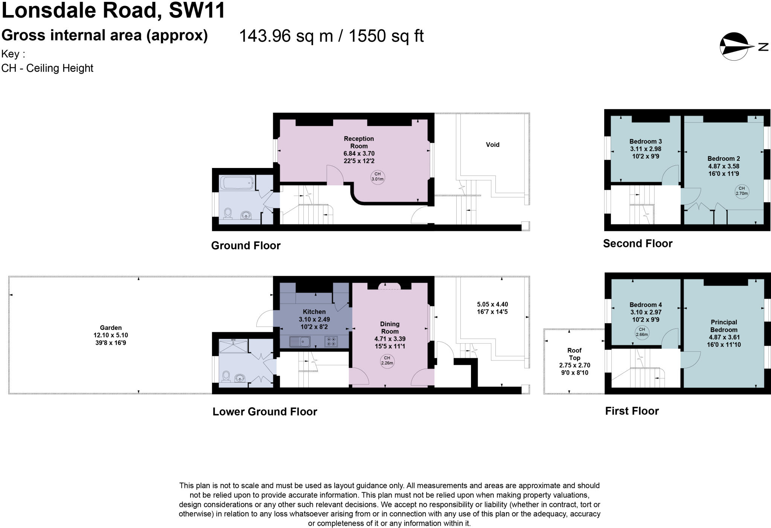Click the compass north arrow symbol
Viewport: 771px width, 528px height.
point(734,46)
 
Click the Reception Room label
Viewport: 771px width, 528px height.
point(359,142)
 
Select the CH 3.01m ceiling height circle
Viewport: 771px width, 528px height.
point(377,177)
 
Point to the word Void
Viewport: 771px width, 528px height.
point(492,145)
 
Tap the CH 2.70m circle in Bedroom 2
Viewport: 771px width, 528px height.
point(741,191)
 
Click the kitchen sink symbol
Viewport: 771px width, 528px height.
point(300,342)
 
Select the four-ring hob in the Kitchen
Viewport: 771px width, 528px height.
point(331,342)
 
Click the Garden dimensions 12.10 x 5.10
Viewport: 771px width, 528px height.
point(111,335)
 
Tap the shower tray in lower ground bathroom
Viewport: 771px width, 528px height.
point(234,346)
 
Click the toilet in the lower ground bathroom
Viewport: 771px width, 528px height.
point(226,376)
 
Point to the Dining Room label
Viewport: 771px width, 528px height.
point(390,328)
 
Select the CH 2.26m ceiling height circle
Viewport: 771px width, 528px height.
point(387,361)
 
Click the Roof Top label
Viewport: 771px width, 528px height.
point(574,354)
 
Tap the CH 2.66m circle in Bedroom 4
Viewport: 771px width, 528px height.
point(641,332)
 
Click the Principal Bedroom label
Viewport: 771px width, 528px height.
point(724,326)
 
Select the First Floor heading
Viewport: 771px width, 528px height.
point(632,411)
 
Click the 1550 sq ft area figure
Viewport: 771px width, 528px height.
point(386,36)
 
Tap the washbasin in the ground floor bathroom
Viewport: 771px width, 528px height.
point(246,215)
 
